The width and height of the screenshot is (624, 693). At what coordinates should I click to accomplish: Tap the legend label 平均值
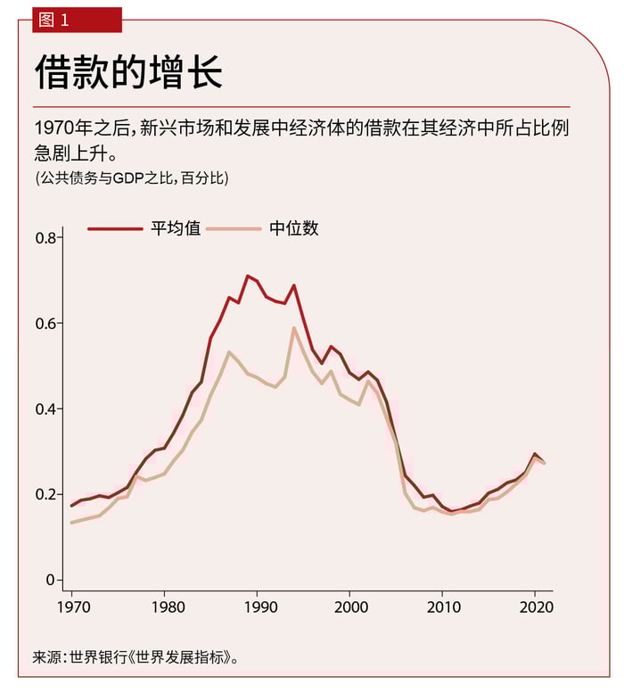(x=175, y=228)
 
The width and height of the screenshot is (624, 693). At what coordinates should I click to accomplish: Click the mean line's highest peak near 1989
(x=247, y=276)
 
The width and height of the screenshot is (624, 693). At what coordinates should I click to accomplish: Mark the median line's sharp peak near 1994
(x=294, y=327)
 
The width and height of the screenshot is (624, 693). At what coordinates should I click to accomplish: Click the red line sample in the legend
(x=114, y=229)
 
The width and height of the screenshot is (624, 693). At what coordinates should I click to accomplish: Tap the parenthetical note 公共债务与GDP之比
(x=132, y=177)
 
